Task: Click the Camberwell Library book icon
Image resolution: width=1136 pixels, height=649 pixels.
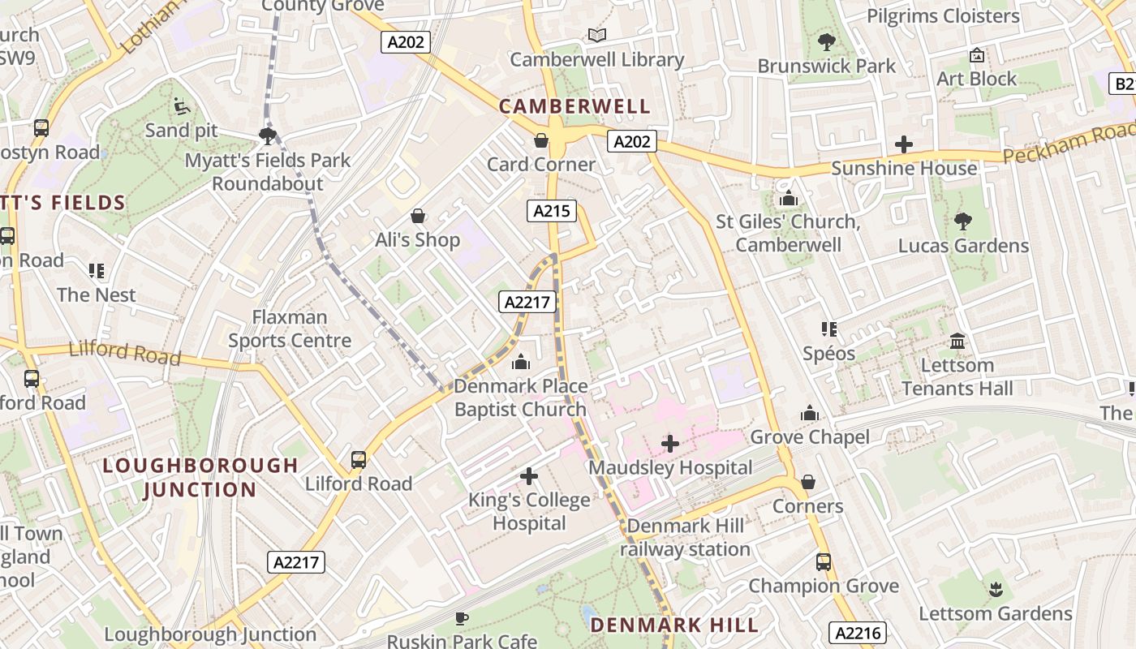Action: click(597, 35)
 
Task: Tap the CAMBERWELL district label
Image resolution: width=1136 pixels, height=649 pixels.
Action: click(574, 106)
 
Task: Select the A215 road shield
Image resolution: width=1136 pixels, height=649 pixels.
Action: click(552, 212)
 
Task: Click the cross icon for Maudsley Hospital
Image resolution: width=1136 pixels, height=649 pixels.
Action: click(670, 444)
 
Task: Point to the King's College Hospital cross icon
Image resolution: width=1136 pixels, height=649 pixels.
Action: click(529, 475)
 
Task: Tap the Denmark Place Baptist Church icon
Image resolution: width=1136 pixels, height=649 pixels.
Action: click(521, 362)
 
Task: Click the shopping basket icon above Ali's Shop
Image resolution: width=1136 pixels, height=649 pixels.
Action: click(418, 216)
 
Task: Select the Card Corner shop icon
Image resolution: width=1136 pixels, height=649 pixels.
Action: click(541, 141)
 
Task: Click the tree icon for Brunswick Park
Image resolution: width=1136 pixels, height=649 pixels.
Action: click(826, 41)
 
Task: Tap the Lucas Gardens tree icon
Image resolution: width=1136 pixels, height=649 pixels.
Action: click(963, 221)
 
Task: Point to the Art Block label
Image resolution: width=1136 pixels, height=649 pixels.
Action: click(976, 79)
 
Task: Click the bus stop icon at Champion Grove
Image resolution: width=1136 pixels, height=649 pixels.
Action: click(824, 561)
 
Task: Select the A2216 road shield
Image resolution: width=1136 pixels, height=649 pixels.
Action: click(857, 633)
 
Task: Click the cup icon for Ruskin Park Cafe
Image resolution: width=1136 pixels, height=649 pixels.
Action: click(462, 619)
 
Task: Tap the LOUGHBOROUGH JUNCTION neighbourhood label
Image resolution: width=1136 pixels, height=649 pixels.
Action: click(200, 477)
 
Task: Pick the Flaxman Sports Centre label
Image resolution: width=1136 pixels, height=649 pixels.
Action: click(290, 329)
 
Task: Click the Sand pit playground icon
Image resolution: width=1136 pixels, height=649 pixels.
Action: click(182, 106)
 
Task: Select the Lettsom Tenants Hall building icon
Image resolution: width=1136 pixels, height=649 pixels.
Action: click(957, 341)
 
